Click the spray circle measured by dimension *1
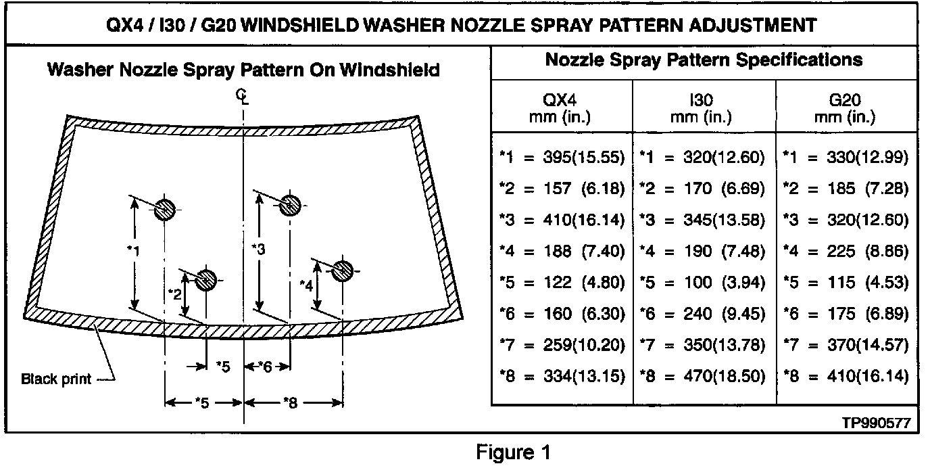(x=164, y=210)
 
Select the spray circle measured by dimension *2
(x=205, y=278)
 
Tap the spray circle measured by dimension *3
(x=290, y=204)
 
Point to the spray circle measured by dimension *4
(x=343, y=270)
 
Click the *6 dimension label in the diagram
(x=265, y=367)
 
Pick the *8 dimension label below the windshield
(x=290, y=403)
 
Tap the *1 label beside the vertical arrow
(x=132, y=251)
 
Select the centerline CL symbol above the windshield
(x=242, y=97)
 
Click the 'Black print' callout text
(x=56, y=379)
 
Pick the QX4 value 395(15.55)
(x=584, y=158)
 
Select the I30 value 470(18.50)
(x=727, y=376)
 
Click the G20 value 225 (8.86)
(x=867, y=252)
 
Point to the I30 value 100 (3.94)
(x=727, y=283)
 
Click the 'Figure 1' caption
(x=513, y=452)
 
